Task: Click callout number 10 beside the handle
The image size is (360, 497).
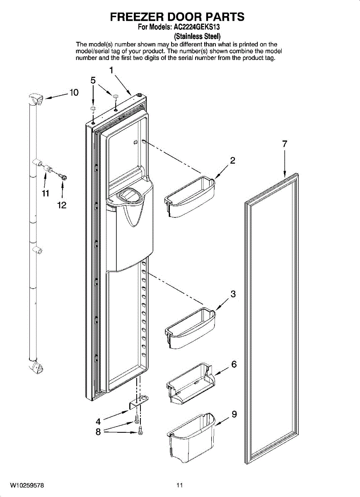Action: coord(74,93)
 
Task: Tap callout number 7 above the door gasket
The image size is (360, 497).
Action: coord(285,144)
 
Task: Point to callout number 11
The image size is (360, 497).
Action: coord(45,193)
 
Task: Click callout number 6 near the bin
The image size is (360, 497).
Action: coord(234,364)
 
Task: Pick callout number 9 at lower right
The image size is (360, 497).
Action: coord(234,414)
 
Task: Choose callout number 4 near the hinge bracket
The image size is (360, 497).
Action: coord(98,422)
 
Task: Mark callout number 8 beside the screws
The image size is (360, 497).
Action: coord(98,432)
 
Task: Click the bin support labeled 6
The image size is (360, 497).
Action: coord(191,383)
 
